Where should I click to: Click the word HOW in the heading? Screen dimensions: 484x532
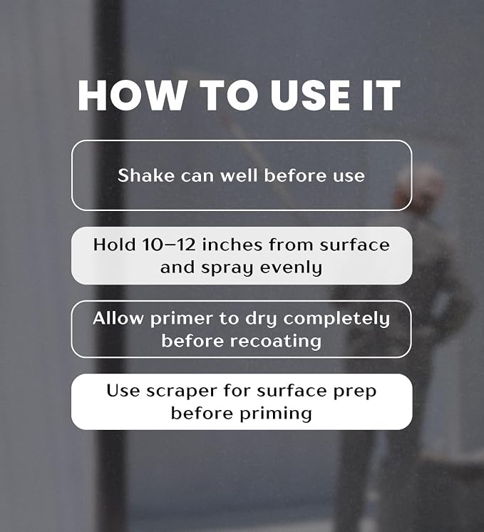tap(133, 96)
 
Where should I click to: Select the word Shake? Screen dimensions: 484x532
tap(146, 175)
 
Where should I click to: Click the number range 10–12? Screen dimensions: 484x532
tap(169, 245)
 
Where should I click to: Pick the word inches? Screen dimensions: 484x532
tap(232, 245)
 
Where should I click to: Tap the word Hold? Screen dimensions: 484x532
tap(114, 245)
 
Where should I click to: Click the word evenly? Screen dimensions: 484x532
tap(291, 267)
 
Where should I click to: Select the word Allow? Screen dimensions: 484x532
tap(118, 318)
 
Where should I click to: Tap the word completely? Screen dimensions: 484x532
tap(336, 319)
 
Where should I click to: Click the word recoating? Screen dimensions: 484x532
tap(275, 342)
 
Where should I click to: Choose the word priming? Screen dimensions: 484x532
tap(276, 414)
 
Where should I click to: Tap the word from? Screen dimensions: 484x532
tap(291, 245)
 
